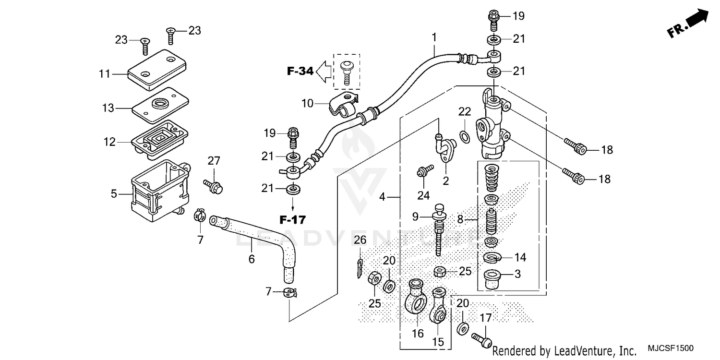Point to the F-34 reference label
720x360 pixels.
tap(300, 72)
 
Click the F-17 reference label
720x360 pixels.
tap(292, 220)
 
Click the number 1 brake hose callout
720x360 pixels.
tap(434, 36)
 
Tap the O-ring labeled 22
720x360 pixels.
tap(465, 137)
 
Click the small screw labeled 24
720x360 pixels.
tap(424, 171)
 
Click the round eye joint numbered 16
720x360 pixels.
tap(416, 299)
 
